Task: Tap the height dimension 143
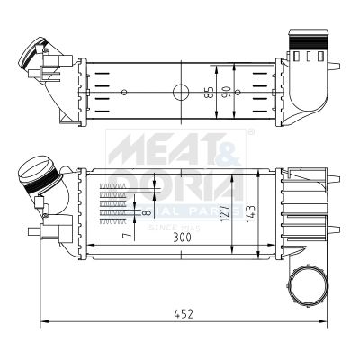pyautogui.click(x=263, y=212)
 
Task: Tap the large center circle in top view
pyautogui.click(x=181, y=92)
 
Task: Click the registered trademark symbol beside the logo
pyautogui.click(x=251, y=132)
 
